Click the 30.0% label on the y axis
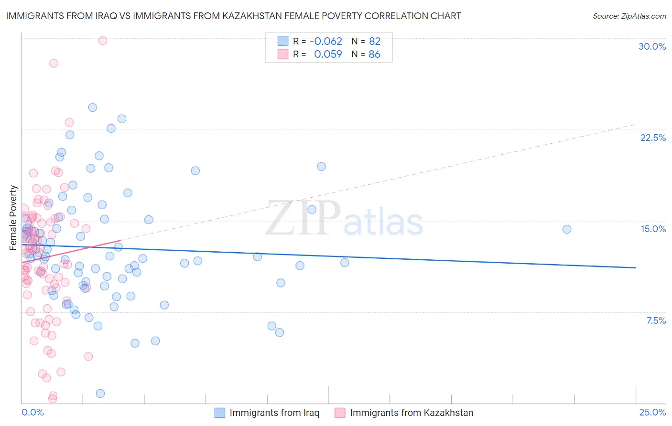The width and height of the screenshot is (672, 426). (652, 46)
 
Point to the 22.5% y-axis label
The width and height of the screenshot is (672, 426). (653, 138)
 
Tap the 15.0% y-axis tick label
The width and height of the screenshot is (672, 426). (653, 229)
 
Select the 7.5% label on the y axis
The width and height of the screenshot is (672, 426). (656, 320)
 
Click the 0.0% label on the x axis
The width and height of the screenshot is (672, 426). (33, 412)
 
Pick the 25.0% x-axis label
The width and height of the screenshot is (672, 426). (652, 412)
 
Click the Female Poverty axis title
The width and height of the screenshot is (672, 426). (13, 218)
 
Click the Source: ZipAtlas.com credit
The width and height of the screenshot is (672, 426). (629, 16)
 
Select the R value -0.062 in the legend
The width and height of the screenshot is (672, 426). (326, 41)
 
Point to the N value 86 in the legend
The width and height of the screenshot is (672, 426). (374, 54)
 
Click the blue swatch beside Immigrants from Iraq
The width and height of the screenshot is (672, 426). (219, 413)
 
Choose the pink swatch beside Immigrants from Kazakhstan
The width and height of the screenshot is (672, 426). (340, 413)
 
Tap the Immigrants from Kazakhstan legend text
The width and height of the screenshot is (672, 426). (411, 413)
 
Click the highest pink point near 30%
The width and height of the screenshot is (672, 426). (103, 41)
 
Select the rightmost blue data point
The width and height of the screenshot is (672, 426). (567, 229)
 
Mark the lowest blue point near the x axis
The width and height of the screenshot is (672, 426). (100, 394)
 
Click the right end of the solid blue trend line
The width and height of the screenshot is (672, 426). (636, 268)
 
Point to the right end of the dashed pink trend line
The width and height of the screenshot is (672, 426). (635, 124)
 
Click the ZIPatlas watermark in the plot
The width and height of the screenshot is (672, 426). (344, 219)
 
